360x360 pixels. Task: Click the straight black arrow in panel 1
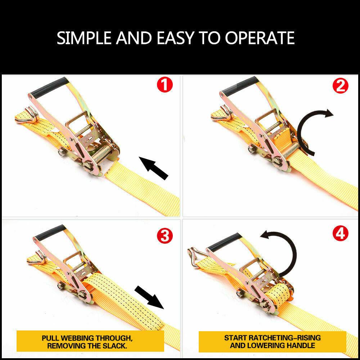click(154, 168)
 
